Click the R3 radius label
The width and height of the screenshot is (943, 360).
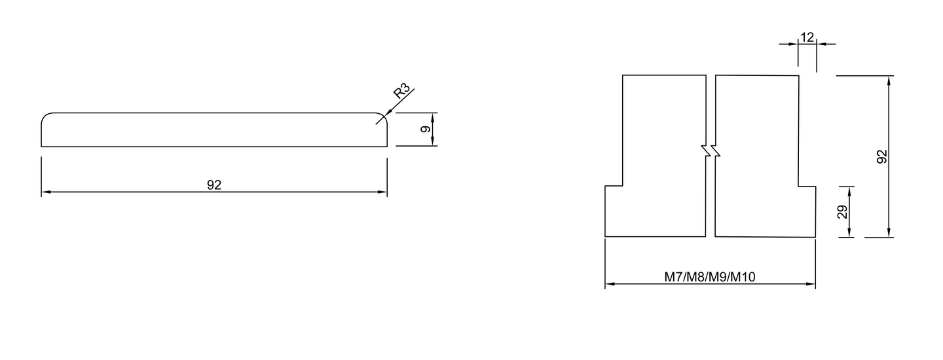tap(402, 90)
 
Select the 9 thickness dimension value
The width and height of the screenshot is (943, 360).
tap(425, 129)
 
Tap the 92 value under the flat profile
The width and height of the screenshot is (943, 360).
tap(214, 185)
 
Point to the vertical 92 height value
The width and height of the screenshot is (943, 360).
tap(881, 156)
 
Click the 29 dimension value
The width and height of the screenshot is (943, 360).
tap(843, 211)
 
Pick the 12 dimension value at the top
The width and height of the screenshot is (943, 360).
tap(807, 37)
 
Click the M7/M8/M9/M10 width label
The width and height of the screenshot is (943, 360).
tap(710, 277)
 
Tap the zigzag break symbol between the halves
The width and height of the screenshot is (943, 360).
tap(711, 151)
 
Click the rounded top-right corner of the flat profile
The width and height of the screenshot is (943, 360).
tap(382, 117)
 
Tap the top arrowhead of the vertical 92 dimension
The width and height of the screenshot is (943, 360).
tap(889, 80)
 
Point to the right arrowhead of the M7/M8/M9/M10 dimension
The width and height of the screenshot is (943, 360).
tap(811, 284)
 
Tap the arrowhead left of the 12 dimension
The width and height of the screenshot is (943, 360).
tap(794, 44)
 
